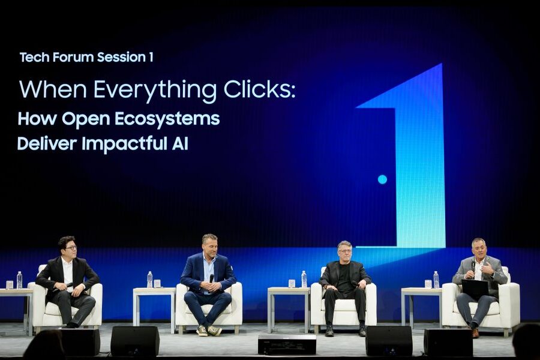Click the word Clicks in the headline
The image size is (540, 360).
[x=259, y=89]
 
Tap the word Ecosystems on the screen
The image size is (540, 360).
[x=167, y=119]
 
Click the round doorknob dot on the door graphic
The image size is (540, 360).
[x=382, y=179]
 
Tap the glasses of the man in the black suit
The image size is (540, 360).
[x=70, y=248]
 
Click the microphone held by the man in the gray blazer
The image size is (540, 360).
[x=473, y=266]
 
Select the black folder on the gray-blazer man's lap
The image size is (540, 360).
[x=475, y=289]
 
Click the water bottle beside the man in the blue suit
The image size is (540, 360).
[x=150, y=280]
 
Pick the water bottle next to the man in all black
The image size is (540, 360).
[x=304, y=279]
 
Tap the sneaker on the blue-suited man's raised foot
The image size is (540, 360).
[x=214, y=331]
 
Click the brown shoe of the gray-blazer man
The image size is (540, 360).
[x=475, y=333]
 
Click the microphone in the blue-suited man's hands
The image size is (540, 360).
[x=211, y=279]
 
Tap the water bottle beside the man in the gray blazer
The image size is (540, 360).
[x=436, y=280]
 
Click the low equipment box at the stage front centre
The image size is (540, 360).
[x=287, y=344]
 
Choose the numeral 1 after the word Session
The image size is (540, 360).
[x=151, y=57]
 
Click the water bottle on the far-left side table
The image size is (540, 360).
[x=19, y=280]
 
